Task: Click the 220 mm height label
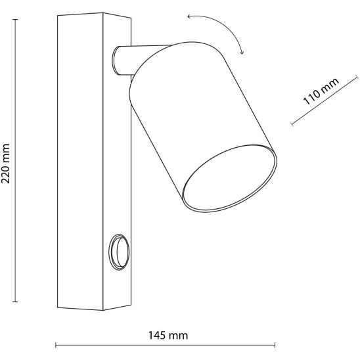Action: [x=6, y=164]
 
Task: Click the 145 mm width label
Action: [x=168, y=336]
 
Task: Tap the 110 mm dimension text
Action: [x=321, y=91]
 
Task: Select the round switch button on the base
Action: [x=119, y=252]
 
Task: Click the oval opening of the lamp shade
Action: [x=229, y=178]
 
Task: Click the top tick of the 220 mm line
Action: [x=15, y=20]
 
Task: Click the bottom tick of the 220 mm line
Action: [x=15, y=302]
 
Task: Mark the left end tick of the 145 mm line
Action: [x=56, y=345]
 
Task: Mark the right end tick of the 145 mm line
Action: [x=275, y=345]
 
